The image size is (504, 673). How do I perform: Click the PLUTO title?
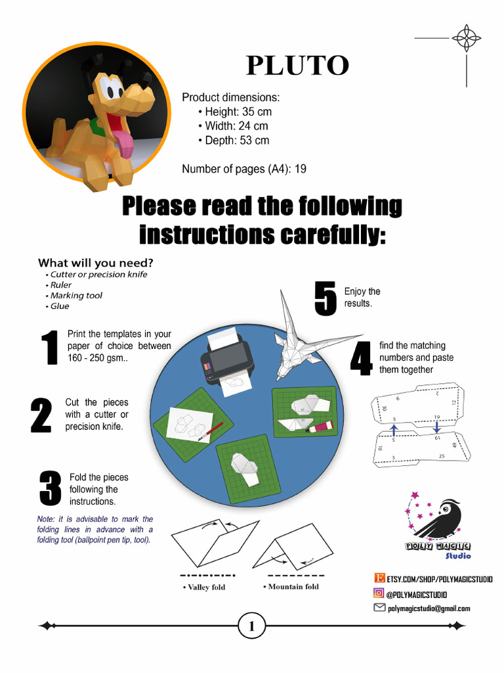tap(297, 66)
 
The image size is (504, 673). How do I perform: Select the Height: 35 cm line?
tap(238, 112)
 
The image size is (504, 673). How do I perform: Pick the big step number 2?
tap(41, 415)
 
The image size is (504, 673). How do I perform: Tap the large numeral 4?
tap(361, 358)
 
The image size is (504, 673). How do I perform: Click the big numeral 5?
tap(325, 300)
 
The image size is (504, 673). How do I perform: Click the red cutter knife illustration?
tap(211, 430)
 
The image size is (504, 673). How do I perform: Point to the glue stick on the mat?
tap(320, 427)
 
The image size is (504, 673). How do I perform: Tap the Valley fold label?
tap(206, 587)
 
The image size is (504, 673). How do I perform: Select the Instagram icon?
tap(379, 593)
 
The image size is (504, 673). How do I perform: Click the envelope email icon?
tap(379, 608)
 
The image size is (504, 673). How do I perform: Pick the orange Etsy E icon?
tap(379, 578)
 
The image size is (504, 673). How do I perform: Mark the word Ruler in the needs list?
tap(61, 285)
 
